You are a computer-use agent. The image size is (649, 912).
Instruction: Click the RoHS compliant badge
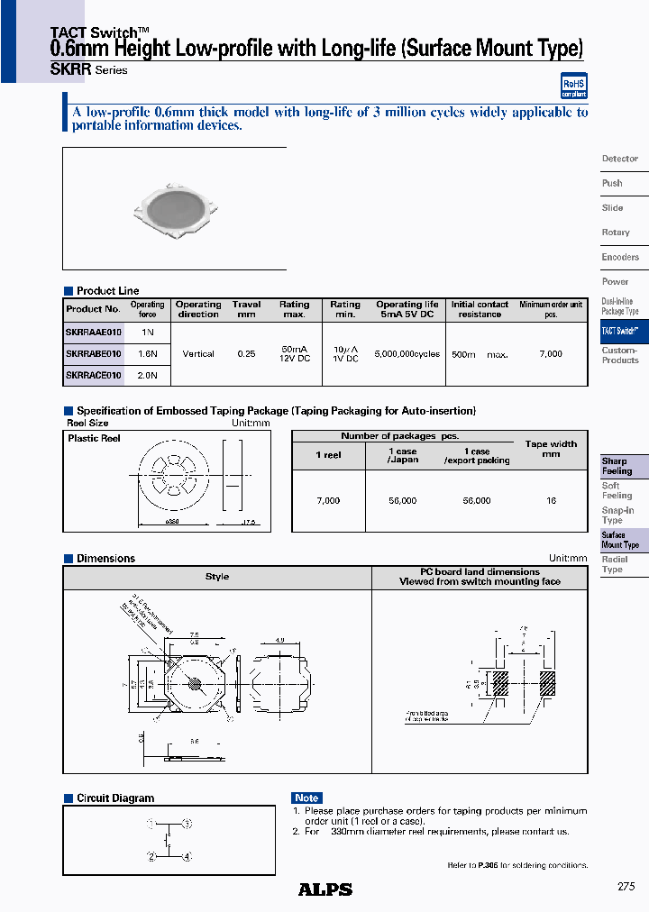[x=573, y=86]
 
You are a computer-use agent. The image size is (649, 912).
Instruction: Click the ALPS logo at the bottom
[x=324, y=889]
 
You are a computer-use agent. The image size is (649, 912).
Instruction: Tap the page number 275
[x=626, y=887]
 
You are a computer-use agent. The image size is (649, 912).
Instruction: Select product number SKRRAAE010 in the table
[x=93, y=332]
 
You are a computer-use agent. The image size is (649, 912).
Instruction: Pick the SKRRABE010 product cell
[x=93, y=353]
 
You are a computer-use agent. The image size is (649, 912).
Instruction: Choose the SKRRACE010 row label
[x=93, y=375]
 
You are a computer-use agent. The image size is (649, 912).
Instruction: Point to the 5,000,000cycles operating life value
[x=407, y=354]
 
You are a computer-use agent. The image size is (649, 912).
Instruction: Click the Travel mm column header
[x=246, y=309]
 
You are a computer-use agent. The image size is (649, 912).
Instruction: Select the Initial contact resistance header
[x=480, y=309]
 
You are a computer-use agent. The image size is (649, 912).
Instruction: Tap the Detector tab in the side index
[x=619, y=159]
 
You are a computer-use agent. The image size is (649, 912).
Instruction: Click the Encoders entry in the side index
[x=619, y=257]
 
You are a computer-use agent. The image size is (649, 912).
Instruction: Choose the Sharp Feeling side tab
[x=617, y=466]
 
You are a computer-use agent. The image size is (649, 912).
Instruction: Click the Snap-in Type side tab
[x=617, y=515]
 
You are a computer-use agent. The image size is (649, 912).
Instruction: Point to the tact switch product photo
[x=174, y=210]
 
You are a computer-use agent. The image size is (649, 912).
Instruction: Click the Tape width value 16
[x=551, y=500]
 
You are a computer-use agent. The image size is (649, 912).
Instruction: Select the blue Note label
[x=306, y=798]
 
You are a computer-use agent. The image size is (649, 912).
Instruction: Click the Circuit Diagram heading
[x=114, y=798]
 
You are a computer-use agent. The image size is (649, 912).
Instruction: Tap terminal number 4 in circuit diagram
[x=187, y=856]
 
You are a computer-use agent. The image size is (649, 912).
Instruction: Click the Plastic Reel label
[x=94, y=438]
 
